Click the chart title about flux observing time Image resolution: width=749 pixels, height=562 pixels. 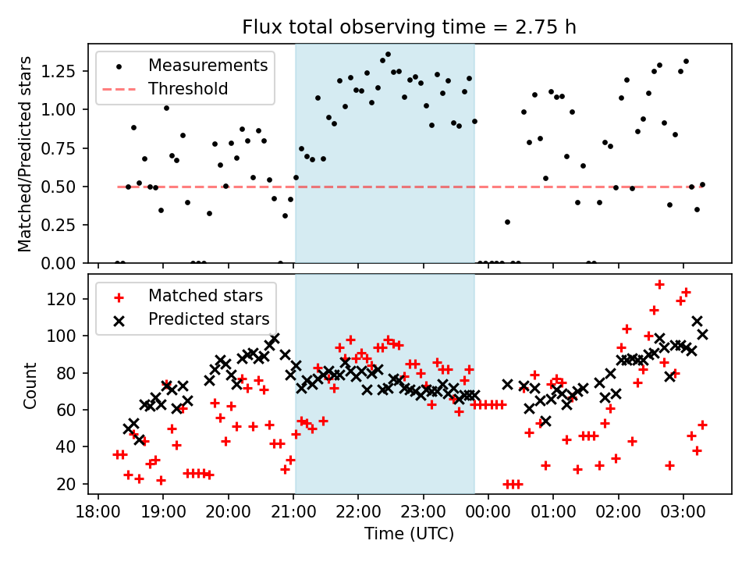[x=409, y=28]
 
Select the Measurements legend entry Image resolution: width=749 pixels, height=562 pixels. [x=208, y=65]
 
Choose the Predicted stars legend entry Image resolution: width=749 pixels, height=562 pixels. [x=208, y=319]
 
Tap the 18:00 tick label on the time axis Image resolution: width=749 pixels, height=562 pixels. [x=98, y=515]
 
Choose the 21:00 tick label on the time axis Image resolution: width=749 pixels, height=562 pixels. [x=293, y=515]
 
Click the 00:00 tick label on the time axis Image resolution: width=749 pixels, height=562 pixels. [x=488, y=515]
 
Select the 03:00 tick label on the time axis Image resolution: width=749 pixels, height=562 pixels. [x=683, y=515]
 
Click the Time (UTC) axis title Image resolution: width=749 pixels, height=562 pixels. [x=409, y=535]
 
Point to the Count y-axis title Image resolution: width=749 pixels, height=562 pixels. [x=30, y=385]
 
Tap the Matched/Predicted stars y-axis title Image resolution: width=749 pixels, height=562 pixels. [x=25, y=154]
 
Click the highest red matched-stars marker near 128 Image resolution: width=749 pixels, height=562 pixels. [x=659, y=285]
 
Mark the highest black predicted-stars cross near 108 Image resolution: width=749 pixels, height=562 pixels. [x=697, y=321]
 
